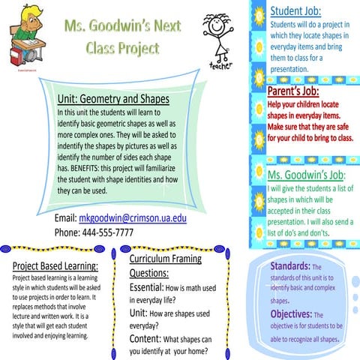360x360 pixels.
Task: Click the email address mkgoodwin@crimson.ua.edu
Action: pos(132,219)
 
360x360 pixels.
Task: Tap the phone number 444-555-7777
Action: pos(94,232)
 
